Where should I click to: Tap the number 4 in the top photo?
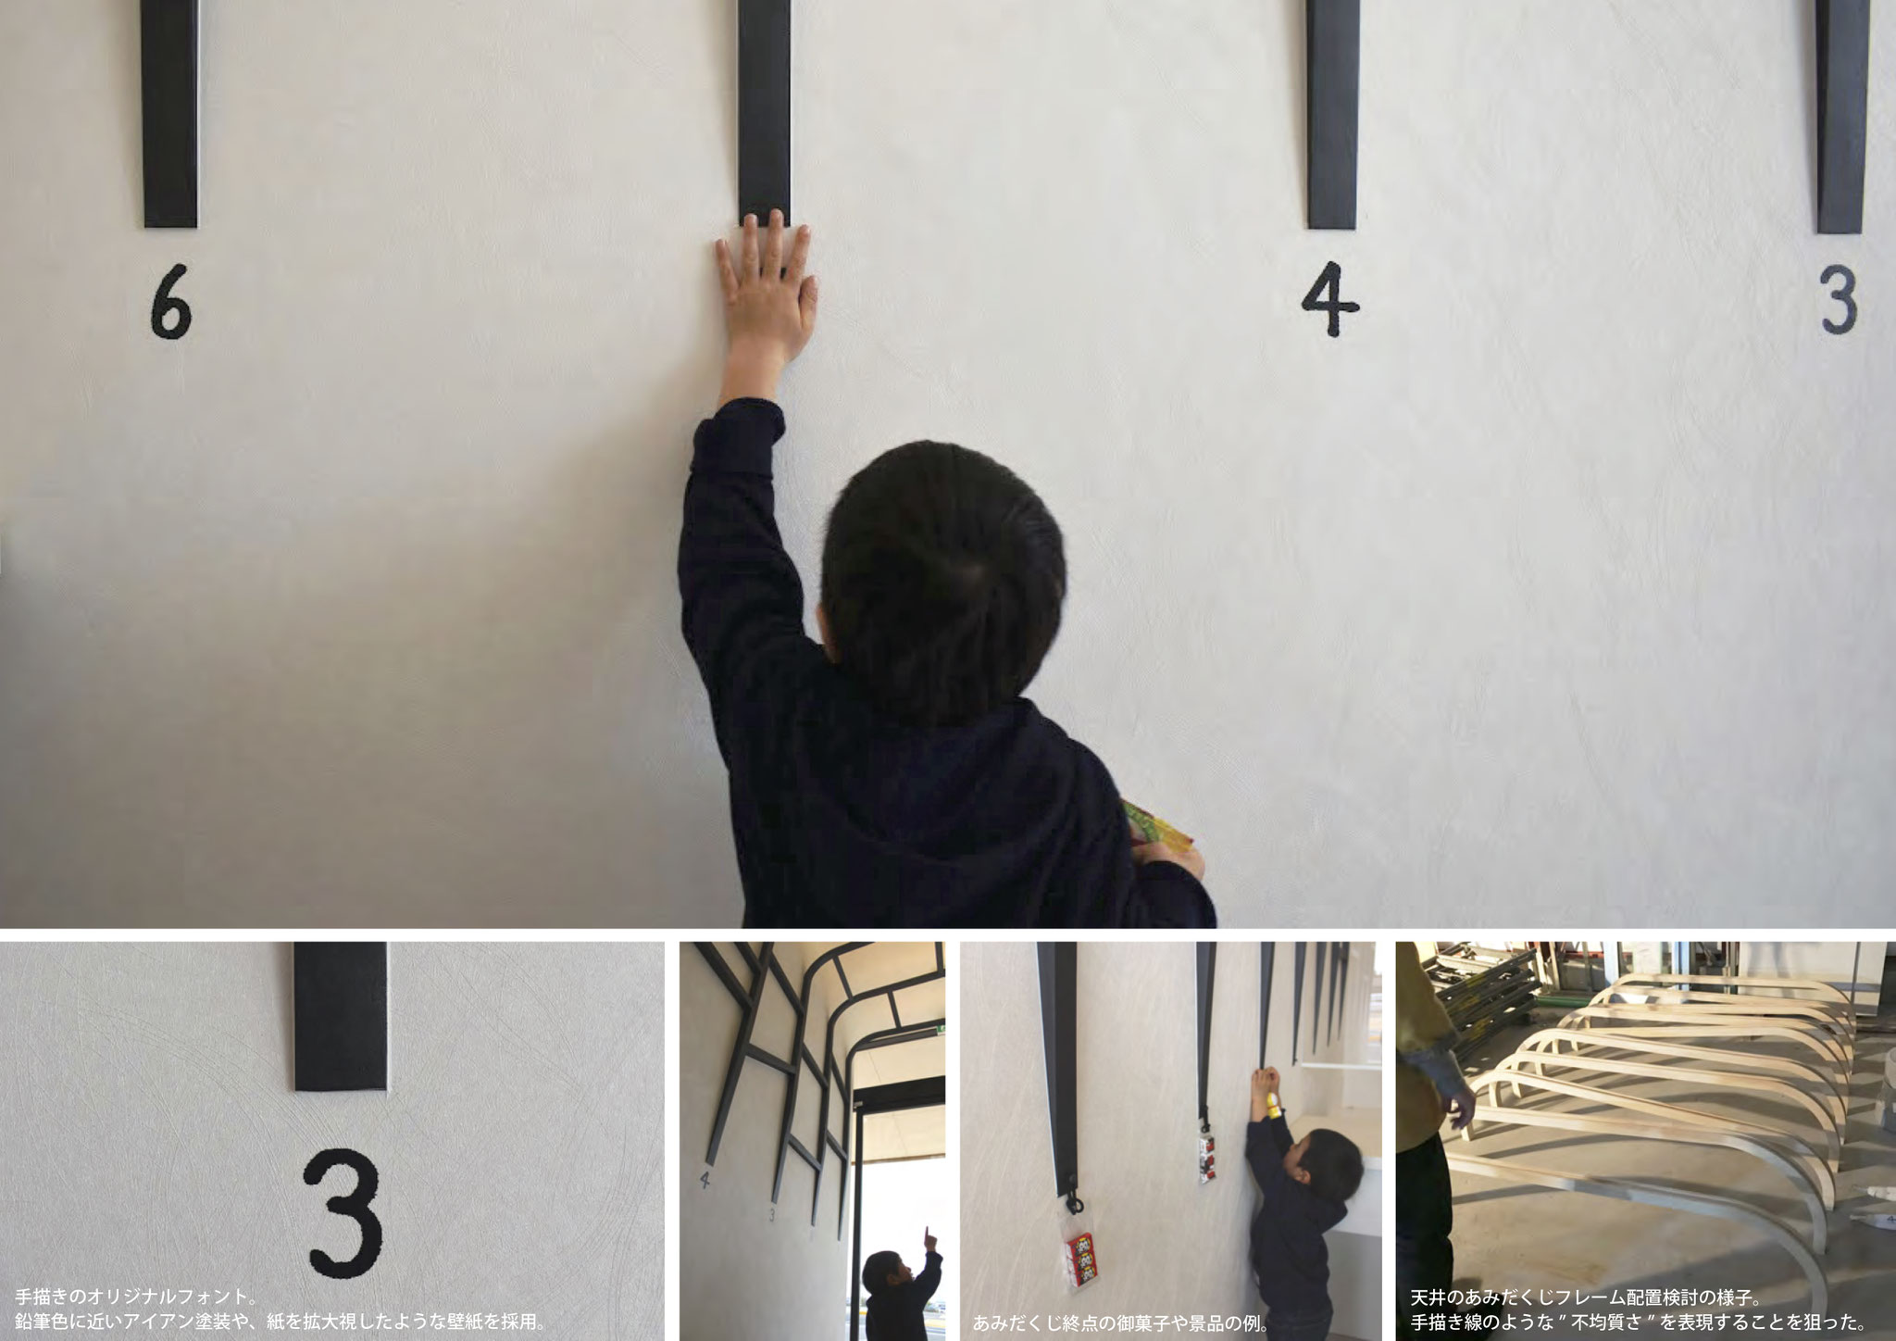1330,304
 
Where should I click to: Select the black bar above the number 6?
170,113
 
